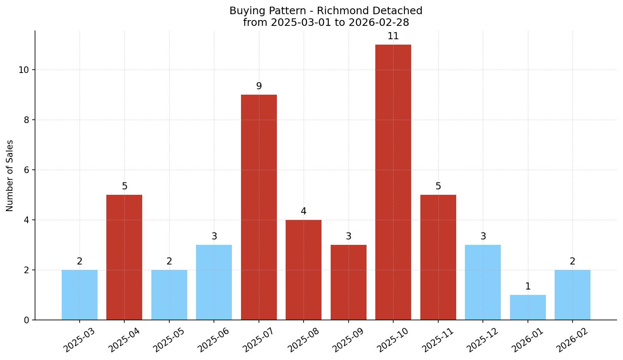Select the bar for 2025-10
point(393,182)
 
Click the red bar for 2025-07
point(259,207)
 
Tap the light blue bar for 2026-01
point(528,307)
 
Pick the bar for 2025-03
point(79,295)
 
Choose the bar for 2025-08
point(303,270)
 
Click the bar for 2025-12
point(482,282)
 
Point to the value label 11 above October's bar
point(393,36)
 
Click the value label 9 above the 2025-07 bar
point(259,86)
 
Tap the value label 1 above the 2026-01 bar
point(528,287)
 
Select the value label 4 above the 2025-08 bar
point(303,211)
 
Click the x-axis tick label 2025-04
point(124,340)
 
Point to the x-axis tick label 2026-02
point(572,340)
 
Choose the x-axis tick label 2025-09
point(348,340)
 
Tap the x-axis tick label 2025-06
point(214,340)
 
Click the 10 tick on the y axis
point(24,70)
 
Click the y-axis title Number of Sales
point(10,176)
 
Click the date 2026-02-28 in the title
point(379,23)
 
